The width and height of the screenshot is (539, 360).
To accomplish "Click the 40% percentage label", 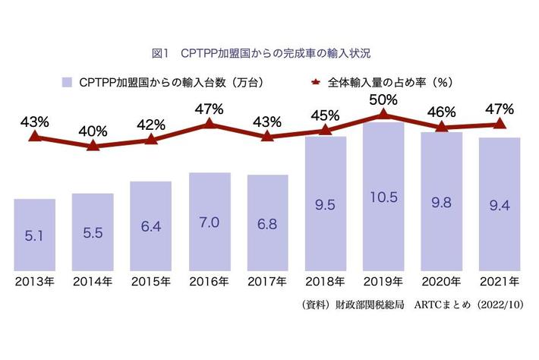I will pyautogui.click(x=93, y=130).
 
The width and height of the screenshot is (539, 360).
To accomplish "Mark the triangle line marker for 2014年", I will pyautogui.click(x=93, y=145).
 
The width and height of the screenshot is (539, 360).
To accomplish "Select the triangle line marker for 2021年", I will pyautogui.click(x=500, y=123).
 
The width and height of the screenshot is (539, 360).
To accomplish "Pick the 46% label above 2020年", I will pyautogui.click(x=441, y=112).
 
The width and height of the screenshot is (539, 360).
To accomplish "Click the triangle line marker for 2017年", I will pyautogui.click(x=266, y=137).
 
